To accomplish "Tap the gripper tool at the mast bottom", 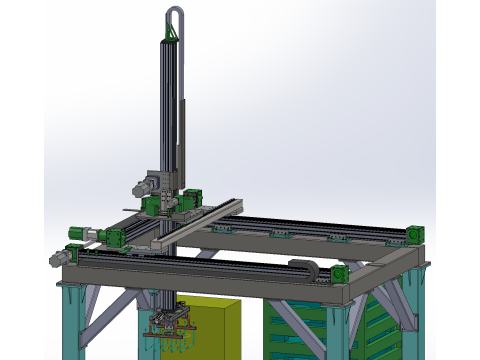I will click(x=169, y=325).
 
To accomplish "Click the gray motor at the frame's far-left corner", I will click(x=82, y=234).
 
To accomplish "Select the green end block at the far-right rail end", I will click(x=415, y=234).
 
